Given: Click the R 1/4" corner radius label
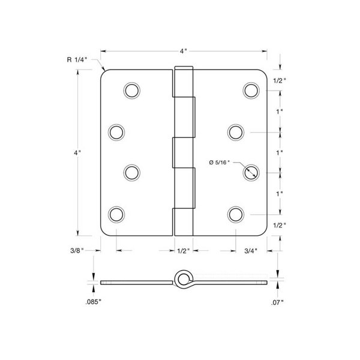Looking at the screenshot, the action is pyautogui.click(x=77, y=59).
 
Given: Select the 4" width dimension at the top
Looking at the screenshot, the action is pyautogui.click(x=184, y=51).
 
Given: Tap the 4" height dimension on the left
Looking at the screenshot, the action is pyautogui.click(x=77, y=152).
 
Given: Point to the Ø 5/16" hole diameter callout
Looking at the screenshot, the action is pyautogui.click(x=219, y=163).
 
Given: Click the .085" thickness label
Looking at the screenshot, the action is pyautogui.click(x=93, y=302).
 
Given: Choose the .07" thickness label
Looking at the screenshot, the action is pyautogui.click(x=277, y=302).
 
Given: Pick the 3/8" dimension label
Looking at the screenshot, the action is pyautogui.click(x=77, y=250).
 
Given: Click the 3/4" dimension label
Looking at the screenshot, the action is pyautogui.click(x=251, y=251).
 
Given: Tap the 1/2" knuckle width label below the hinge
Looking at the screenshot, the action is pyautogui.click(x=184, y=251).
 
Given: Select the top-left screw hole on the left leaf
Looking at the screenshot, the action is pyautogui.click(x=132, y=90).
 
